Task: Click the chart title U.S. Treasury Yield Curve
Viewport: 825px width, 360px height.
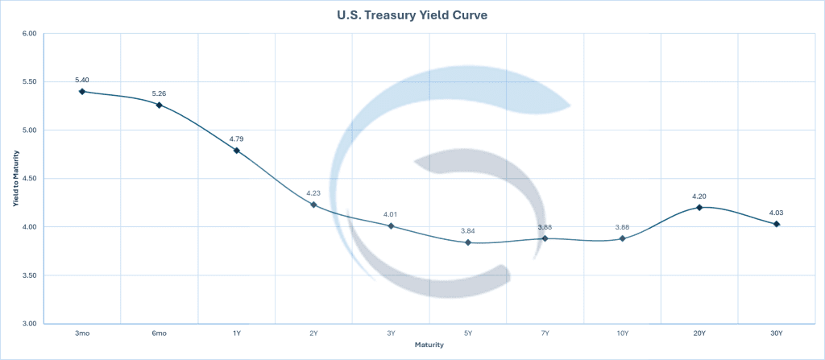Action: point(412,14)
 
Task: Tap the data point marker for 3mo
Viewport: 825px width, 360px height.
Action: point(81,92)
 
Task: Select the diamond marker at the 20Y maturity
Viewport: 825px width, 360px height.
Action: point(699,207)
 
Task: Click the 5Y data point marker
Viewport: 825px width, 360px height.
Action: point(468,242)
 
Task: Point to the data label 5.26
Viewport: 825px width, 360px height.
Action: point(159,93)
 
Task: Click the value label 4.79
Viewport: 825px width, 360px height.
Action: point(236,139)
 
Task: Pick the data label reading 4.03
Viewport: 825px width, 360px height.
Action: point(777,212)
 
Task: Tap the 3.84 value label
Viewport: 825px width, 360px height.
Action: point(468,230)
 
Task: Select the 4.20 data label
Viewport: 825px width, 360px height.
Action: point(699,196)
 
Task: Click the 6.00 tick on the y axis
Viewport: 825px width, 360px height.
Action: point(29,34)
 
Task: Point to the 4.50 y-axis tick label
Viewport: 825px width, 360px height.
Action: point(29,179)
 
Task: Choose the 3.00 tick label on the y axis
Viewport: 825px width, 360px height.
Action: point(29,324)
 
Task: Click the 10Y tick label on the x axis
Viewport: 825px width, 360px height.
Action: point(622,333)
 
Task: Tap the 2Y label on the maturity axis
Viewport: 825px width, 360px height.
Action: point(313,333)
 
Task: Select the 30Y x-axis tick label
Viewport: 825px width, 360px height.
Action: point(777,333)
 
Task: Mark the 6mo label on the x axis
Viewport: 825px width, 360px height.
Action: point(159,333)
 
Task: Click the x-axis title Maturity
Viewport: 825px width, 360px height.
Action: point(429,345)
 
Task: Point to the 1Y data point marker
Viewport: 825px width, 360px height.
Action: point(236,151)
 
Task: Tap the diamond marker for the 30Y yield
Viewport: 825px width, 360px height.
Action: point(777,224)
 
